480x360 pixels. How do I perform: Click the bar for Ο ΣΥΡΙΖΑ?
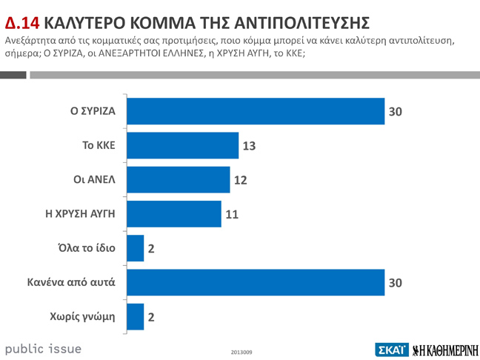coord(256,111)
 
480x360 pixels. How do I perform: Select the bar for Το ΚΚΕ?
coord(182,145)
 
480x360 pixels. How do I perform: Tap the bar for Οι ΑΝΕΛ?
coord(179,179)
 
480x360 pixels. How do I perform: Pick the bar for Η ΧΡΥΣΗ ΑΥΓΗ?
coord(174,214)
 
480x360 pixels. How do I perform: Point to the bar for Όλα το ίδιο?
coord(136,248)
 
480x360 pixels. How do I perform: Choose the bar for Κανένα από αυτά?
coord(256,282)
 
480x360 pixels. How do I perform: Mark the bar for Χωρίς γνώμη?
coord(136,316)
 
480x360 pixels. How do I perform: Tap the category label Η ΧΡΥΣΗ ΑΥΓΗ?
coord(81,214)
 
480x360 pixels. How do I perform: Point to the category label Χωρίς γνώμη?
coord(83,316)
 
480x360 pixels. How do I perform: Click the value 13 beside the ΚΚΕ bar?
coord(249,146)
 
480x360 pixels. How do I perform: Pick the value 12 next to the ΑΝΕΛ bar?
coord(240,180)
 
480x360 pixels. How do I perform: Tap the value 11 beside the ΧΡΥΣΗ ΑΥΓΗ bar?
coord(232,215)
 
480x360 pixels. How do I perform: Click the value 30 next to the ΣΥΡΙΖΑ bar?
coord(396,112)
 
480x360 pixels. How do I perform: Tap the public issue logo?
coord(43,347)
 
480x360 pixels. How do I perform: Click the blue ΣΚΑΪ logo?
coord(391,348)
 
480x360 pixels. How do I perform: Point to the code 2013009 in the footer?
coord(241,351)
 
